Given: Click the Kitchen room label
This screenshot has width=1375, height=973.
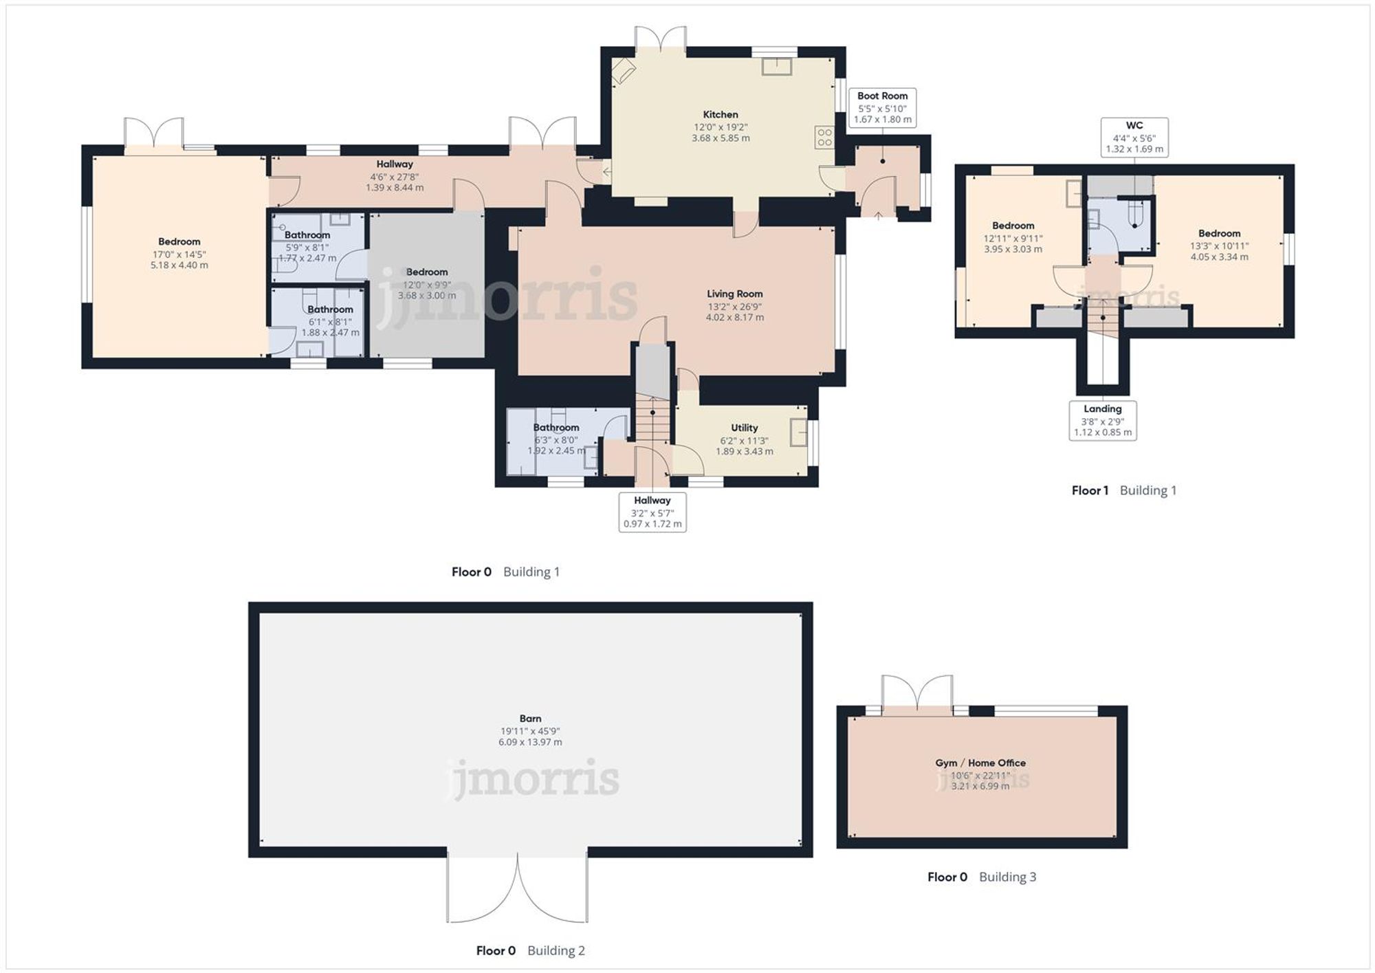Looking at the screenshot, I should [x=720, y=115].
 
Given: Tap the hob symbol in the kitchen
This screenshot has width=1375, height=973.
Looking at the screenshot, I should [x=824, y=138].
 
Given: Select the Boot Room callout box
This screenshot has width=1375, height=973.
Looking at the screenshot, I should [x=882, y=107].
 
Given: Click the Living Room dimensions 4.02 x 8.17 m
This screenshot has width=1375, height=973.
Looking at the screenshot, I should [x=734, y=318].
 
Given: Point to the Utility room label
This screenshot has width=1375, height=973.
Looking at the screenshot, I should [x=744, y=428].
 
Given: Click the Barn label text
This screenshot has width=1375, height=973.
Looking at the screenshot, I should [x=530, y=719].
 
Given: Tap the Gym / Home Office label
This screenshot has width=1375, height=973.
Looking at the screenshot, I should [x=980, y=763].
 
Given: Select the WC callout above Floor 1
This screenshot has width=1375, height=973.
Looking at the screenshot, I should [x=1134, y=137].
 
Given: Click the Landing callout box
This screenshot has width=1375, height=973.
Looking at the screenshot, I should [x=1102, y=420].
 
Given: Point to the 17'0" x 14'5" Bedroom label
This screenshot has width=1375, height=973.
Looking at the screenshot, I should [x=179, y=242].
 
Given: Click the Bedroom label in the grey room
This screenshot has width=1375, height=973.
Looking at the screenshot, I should [x=426, y=272].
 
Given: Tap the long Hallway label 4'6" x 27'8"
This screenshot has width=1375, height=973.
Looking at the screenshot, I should [x=394, y=164].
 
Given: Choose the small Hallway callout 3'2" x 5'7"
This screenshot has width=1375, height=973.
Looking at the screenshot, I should [x=652, y=512].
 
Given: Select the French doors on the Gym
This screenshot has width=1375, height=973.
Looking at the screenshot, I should [x=917, y=696].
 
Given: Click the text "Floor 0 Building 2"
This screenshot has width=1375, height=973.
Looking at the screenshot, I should [x=530, y=950].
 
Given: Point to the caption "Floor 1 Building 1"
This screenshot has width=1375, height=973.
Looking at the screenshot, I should [x=1123, y=490].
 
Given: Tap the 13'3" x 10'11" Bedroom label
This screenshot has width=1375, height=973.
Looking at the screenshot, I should [x=1219, y=234].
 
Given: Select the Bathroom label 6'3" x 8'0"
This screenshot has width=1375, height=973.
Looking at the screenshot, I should [x=555, y=428].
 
